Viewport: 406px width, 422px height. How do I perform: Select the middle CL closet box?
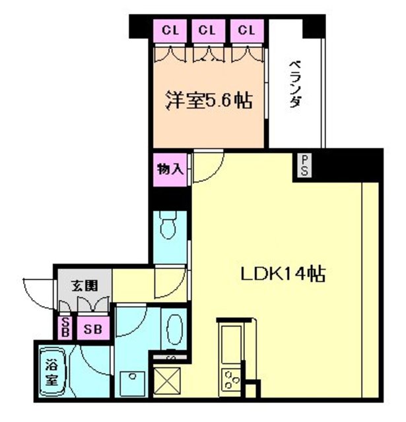tap(208, 30)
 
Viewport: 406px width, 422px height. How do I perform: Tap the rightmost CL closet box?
tap(246, 30)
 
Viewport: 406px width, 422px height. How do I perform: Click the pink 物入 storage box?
tap(170, 169)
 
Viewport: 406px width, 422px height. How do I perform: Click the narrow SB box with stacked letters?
tap(65, 327)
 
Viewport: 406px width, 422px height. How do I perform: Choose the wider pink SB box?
tap(92, 328)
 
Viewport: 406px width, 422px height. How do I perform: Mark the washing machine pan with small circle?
tap(134, 378)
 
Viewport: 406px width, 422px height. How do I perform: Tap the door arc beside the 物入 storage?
tap(206, 167)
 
